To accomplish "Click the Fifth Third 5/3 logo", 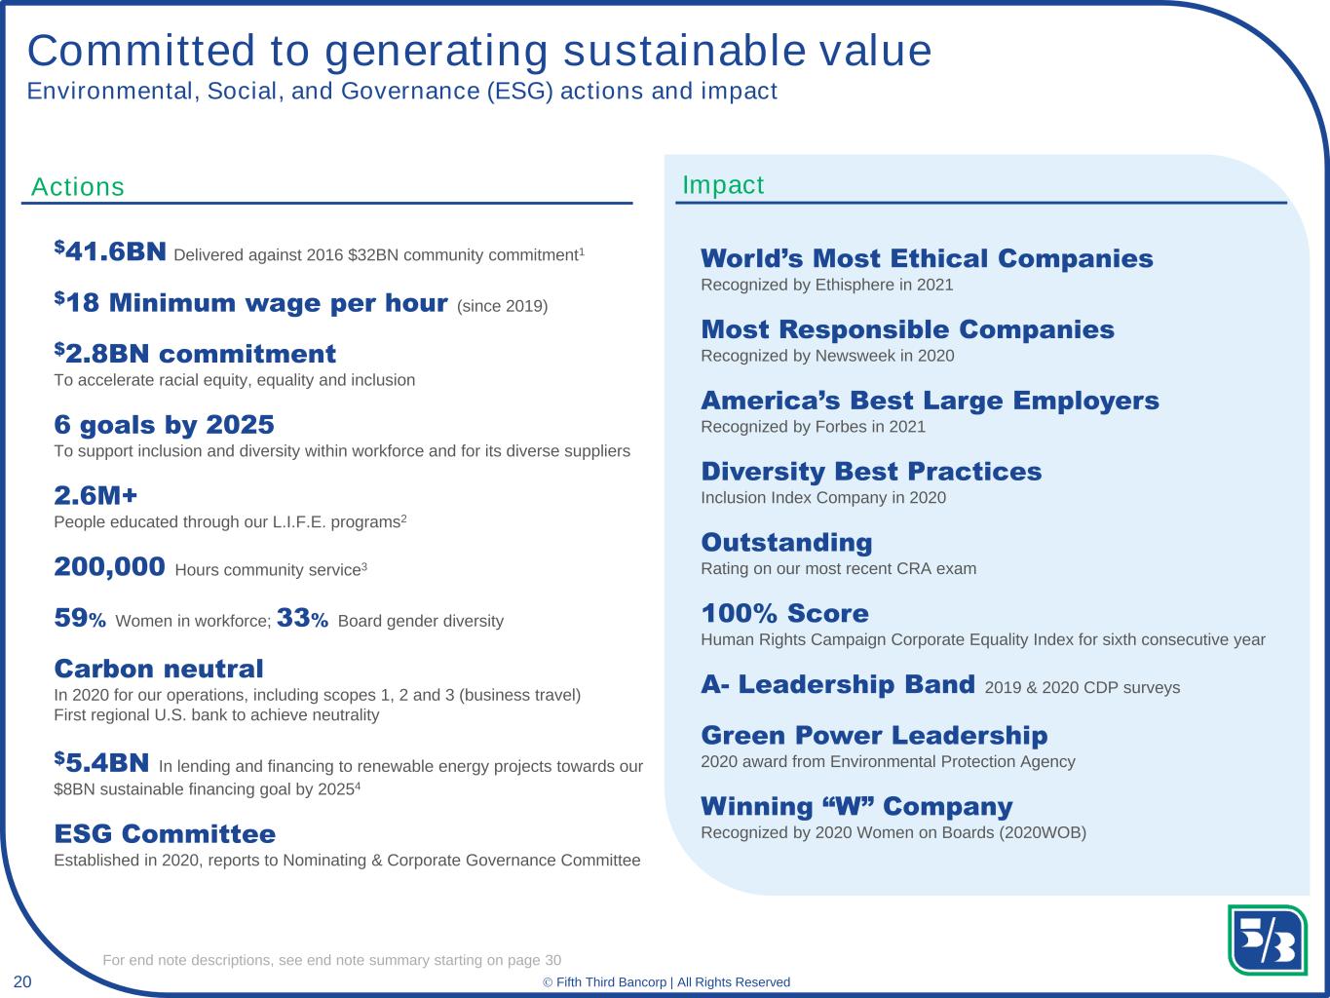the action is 1267,940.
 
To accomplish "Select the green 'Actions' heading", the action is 78,186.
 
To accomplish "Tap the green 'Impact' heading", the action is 723,185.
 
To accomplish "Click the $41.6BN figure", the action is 110,251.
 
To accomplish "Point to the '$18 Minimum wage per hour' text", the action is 250,302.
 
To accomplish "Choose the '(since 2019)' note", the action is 503,306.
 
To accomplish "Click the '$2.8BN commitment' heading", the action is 195,353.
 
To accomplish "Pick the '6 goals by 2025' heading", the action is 165,425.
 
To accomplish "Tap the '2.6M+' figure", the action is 95,495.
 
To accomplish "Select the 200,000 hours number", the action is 110,567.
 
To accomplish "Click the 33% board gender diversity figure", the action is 302,618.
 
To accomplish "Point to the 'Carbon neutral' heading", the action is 159,669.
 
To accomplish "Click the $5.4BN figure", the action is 101,763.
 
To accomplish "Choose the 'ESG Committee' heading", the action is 165,834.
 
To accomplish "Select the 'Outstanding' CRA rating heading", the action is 786,543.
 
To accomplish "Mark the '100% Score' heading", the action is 784,613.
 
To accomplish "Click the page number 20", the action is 22,981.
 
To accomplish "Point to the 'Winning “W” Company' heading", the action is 856,807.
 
